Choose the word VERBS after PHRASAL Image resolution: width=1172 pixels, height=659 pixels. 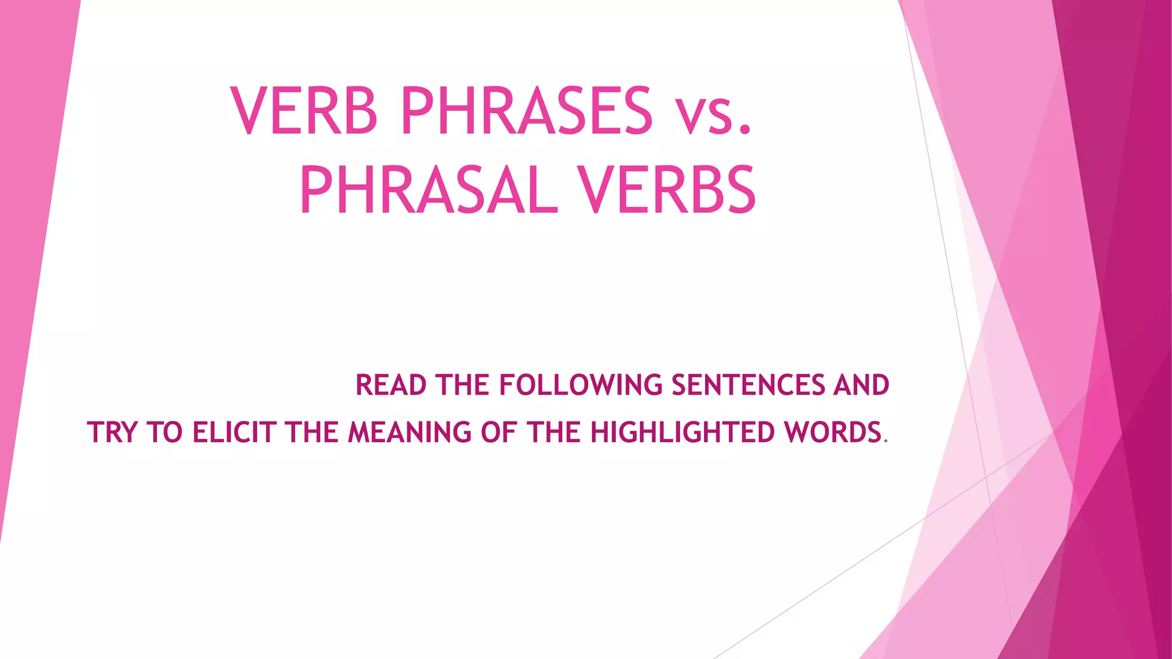(x=667, y=190)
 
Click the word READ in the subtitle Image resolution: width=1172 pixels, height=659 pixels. (x=391, y=385)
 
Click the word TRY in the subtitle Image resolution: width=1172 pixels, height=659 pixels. (x=112, y=432)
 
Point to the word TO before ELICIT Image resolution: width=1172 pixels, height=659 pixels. (x=164, y=432)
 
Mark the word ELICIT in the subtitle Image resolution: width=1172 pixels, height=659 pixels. (x=234, y=432)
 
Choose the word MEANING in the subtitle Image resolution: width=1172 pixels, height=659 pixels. (x=410, y=432)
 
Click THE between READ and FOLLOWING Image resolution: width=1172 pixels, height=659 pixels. (x=462, y=385)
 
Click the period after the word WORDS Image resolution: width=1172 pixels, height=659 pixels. (x=886, y=441)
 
